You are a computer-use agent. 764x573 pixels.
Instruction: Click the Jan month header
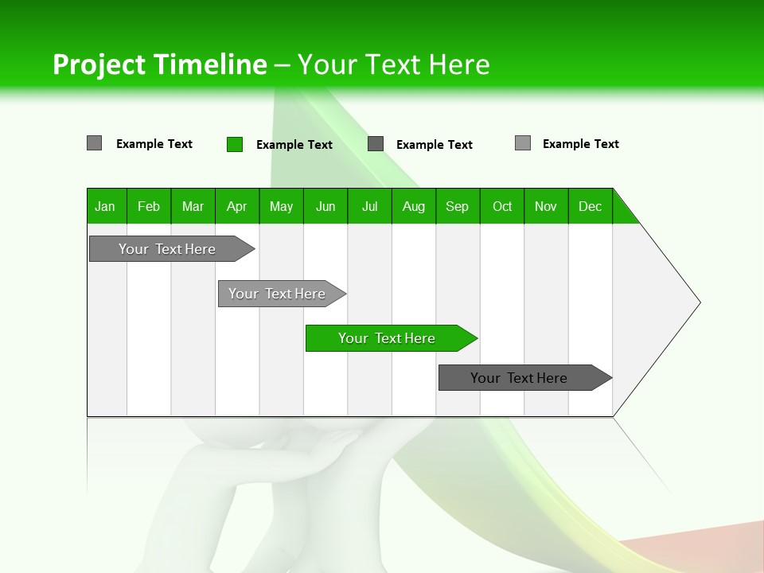point(105,206)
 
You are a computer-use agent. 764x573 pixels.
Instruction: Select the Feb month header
point(149,206)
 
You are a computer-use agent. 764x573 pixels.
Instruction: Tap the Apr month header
point(236,206)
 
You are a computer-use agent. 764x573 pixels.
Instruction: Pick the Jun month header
point(325,206)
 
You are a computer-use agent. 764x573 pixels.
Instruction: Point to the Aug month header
point(413,206)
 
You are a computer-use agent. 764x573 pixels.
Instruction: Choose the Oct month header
point(502,206)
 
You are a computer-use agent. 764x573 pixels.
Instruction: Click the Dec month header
point(590,206)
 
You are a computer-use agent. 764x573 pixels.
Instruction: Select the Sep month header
point(457,206)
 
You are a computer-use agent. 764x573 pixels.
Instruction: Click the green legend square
point(235,144)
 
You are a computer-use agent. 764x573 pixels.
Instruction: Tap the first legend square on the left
point(95,143)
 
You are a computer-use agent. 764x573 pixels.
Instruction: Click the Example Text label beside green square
point(294,145)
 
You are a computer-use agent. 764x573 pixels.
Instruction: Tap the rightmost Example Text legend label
point(580,144)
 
